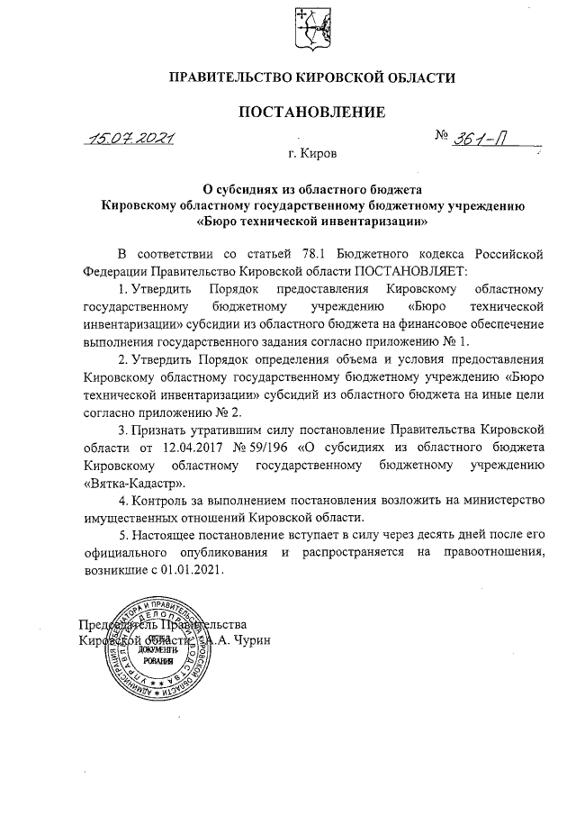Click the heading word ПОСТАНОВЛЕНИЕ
click(311, 113)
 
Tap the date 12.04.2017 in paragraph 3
click(189, 448)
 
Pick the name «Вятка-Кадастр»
click(127, 483)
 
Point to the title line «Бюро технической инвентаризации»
click(310, 219)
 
